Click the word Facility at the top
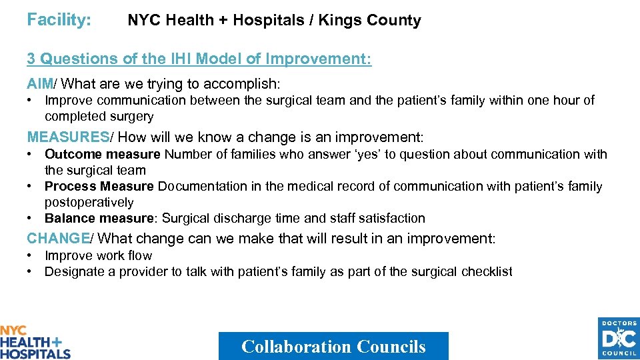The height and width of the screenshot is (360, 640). pyautogui.click(x=59, y=20)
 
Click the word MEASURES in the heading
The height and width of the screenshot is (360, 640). pyautogui.click(x=67, y=137)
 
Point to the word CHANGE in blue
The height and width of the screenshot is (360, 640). pyautogui.click(x=58, y=239)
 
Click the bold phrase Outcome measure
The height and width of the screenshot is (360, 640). pyautogui.click(x=103, y=154)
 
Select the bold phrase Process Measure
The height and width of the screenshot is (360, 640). pyautogui.click(x=99, y=187)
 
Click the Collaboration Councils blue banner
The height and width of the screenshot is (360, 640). pyautogui.click(x=333, y=346)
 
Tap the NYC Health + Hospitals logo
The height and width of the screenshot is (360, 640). pyautogui.click(x=35, y=342)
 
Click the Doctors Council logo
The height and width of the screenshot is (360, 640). pyautogui.click(x=619, y=339)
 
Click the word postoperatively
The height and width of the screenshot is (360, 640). pyautogui.click(x=89, y=202)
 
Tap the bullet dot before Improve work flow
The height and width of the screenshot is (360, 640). pyautogui.click(x=31, y=256)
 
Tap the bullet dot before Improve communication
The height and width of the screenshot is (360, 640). pyautogui.click(x=31, y=101)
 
